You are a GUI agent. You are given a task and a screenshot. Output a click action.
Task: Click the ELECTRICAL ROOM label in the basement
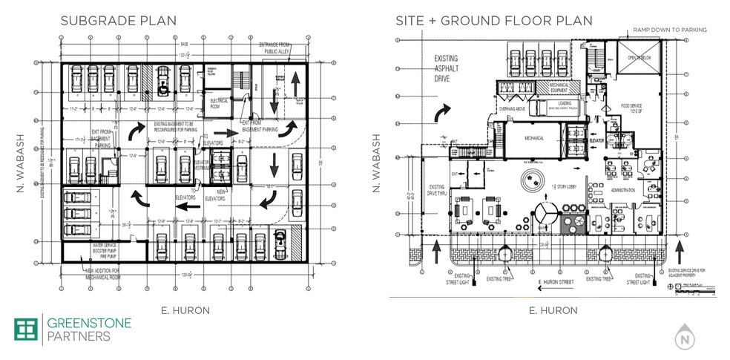(x=219, y=101)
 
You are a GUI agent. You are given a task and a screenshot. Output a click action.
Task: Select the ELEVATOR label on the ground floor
(x=596, y=139)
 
